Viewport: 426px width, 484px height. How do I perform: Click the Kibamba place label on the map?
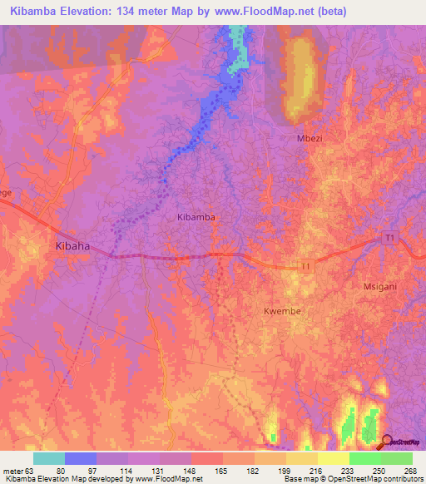click(x=196, y=216)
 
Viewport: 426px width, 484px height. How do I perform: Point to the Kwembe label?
click(x=281, y=311)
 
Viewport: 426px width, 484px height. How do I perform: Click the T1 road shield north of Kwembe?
click(x=306, y=266)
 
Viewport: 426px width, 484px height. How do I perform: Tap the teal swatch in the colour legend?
click(x=49, y=458)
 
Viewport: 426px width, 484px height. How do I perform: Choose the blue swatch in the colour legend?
click(x=81, y=458)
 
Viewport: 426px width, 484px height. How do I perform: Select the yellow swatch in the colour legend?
click(x=333, y=458)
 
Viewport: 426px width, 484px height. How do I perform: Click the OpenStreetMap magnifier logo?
click(x=388, y=442)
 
